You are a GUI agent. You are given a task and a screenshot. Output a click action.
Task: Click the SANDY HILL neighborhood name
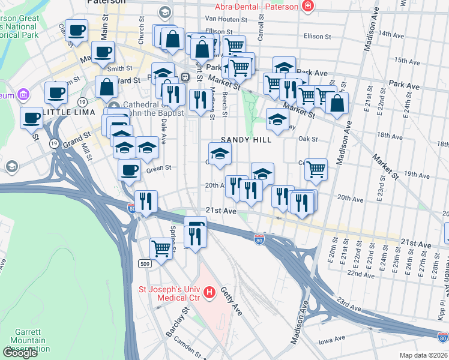pyautogui.click(x=246, y=139)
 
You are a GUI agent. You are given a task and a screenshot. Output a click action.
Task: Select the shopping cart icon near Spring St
pyautogui.click(x=161, y=247)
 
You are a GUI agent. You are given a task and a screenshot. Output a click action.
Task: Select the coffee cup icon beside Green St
pyautogui.click(x=129, y=170)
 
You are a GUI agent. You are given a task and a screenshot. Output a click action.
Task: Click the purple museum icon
pyautogui.click(x=24, y=95)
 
